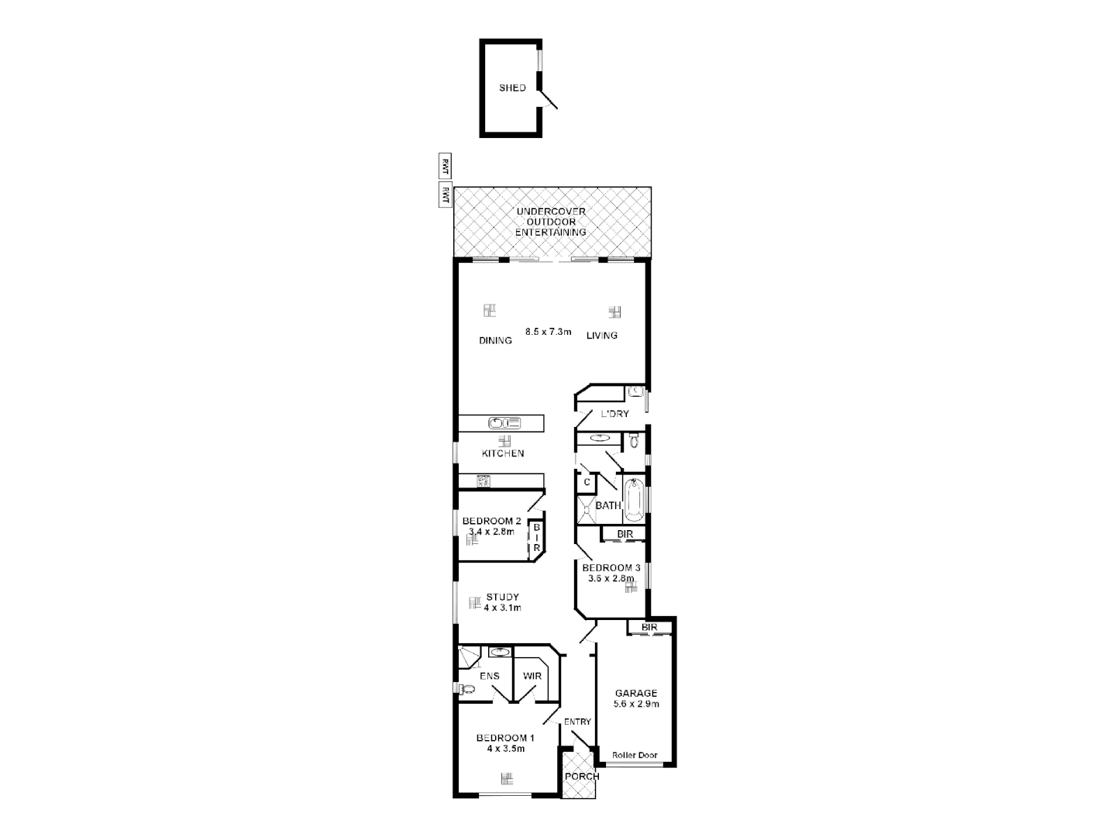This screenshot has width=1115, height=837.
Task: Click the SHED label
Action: point(512,88)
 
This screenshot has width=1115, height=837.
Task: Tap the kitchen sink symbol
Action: point(504,423)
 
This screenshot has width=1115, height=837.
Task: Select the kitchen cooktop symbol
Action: point(484,481)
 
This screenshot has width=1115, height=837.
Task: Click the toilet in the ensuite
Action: point(467,689)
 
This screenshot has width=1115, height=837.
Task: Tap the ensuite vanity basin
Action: point(500,652)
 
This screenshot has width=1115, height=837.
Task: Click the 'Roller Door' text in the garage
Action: point(634,755)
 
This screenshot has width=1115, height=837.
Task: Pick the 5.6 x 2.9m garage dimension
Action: point(636,704)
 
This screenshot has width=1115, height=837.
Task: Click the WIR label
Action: point(532,676)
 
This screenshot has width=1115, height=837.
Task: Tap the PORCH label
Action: point(581,777)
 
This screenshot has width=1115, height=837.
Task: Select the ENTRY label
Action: point(577,722)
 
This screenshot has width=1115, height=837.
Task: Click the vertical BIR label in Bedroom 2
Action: point(535,537)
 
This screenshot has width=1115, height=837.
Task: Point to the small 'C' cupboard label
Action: point(587,482)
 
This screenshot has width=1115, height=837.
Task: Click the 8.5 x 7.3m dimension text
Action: point(548,332)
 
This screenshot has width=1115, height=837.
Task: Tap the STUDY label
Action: point(502,597)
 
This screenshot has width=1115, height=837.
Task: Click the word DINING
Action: point(495,340)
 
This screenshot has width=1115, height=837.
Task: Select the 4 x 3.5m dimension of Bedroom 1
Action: point(505,749)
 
